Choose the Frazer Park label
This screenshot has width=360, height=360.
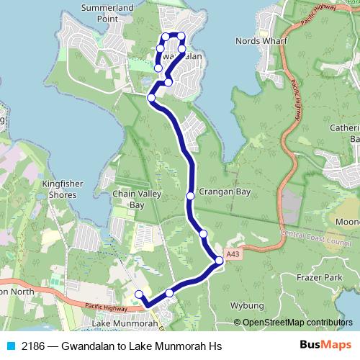323,276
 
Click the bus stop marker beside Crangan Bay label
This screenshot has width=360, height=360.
190,196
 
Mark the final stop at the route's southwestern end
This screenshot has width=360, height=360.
139,294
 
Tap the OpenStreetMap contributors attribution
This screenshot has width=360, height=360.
297,323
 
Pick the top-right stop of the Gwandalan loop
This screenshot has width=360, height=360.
181,36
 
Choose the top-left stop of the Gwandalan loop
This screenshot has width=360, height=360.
165,36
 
